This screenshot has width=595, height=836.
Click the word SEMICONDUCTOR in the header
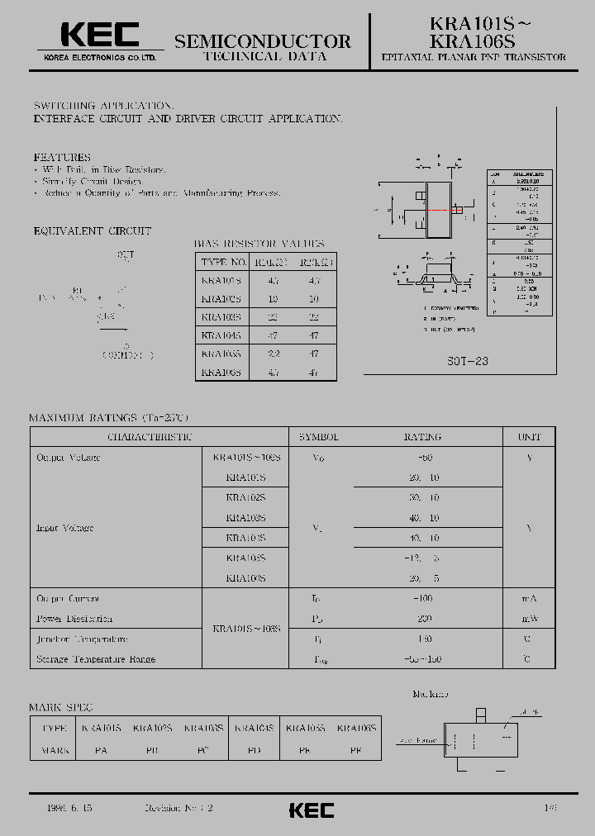(x=263, y=41)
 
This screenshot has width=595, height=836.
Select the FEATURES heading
(x=62, y=157)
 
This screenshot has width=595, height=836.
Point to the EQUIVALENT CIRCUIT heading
(x=93, y=231)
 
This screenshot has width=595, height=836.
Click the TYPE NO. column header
(x=224, y=263)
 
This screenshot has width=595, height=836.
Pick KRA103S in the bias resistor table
(x=221, y=317)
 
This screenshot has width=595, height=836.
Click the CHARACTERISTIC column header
(x=150, y=437)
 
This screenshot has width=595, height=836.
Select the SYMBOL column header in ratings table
(x=319, y=437)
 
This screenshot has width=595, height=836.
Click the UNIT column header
(x=529, y=437)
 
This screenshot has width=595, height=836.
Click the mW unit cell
(x=529, y=619)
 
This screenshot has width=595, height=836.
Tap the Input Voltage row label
(x=64, y=528)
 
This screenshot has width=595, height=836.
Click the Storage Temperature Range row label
(x=96, y=659)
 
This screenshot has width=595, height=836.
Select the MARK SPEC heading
(x=60, y=708)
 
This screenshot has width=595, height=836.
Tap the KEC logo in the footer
(x=312, y=810)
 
